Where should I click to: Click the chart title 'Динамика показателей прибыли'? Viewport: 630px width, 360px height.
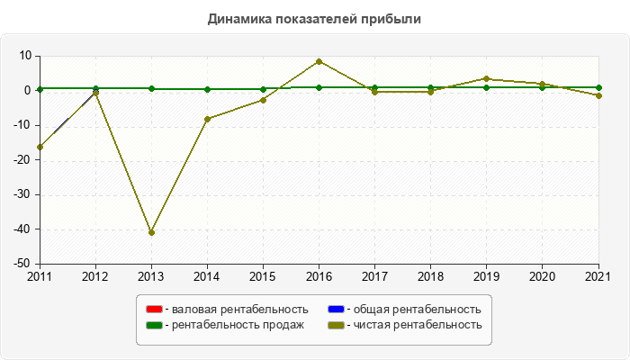(x=314, y=18)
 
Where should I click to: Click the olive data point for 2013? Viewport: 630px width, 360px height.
(x=151, y=232)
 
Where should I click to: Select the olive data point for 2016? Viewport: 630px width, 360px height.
(x=319, y=61)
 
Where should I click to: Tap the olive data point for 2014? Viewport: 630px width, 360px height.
(x=207, y=119)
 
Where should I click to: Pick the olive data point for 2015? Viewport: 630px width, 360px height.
(x=263, y=100)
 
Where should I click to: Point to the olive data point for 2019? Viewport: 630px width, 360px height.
(x=486, y=79)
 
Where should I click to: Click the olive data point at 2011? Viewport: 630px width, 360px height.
(x=40, y=147)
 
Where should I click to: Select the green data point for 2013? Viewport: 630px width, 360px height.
(x=151, y=88)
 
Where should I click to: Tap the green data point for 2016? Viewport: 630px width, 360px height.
(x=319, y=87)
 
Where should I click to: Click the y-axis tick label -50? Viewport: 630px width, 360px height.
(x=21, y=264)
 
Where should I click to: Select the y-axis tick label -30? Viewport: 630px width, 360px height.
(x=21, y=194)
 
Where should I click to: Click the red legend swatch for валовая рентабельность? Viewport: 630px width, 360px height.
(x=154, y=310)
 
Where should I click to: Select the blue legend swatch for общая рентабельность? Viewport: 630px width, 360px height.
(x=335, y=310)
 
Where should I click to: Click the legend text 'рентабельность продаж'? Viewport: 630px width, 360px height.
(x=238, y=324)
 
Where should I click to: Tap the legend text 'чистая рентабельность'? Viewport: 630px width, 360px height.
(x=417, y=324)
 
